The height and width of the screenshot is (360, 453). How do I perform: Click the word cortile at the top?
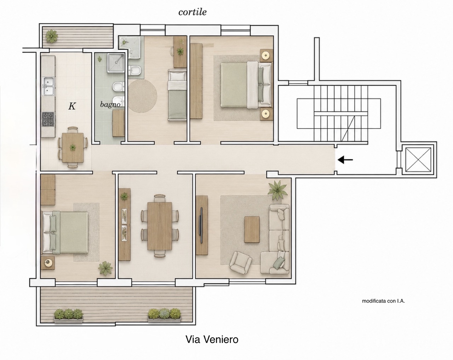click(193, 12)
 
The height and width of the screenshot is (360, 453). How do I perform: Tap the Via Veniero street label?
click(212, 339)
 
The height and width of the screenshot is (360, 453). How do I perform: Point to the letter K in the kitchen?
click(72, 106)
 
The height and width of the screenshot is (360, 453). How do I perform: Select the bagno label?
click(110, 105)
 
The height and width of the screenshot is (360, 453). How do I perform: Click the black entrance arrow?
click(345, 160)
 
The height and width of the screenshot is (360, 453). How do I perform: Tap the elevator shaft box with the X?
click(418, 160)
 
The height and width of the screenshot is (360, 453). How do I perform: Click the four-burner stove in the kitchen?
click(48, 119)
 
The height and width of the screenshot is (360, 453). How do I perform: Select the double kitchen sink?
click(48, 86)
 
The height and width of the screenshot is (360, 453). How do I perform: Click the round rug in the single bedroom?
click(143, 96)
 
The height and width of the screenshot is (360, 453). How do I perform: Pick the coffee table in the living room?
click(252, 230)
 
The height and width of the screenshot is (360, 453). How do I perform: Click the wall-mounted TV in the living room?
click(201, 225)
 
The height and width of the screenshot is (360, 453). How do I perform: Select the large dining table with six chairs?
click(160, 226)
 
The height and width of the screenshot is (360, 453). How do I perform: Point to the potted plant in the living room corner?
click(277, 190)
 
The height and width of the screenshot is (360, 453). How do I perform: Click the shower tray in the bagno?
click(116, 63)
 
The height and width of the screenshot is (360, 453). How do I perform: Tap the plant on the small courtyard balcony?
click(52, 36)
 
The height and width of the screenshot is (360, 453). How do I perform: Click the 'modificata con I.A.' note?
click(383, 301)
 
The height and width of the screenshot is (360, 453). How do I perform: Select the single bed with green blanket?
click(177, 95)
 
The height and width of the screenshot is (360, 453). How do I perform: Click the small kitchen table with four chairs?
click(73, 147)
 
